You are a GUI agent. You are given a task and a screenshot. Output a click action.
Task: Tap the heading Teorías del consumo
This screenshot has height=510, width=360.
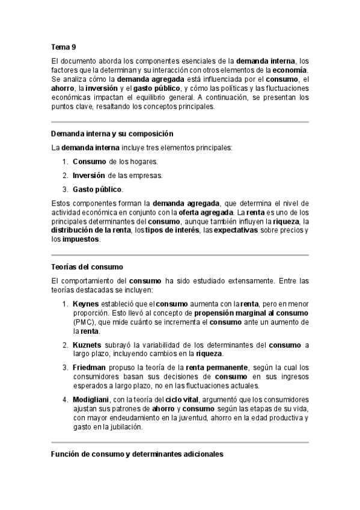coord(88,266)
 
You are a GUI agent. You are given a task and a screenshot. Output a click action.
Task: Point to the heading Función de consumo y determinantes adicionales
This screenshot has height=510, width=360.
coord(137,455)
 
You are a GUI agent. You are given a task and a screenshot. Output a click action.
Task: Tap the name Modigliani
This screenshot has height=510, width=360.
coord(93,399)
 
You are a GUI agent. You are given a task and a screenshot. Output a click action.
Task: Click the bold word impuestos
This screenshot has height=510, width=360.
coord(82,239)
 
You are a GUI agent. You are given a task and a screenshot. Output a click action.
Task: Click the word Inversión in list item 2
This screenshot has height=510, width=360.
coord(89,176)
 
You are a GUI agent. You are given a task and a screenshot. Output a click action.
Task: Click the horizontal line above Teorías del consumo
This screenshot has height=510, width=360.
coord(180,254)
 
